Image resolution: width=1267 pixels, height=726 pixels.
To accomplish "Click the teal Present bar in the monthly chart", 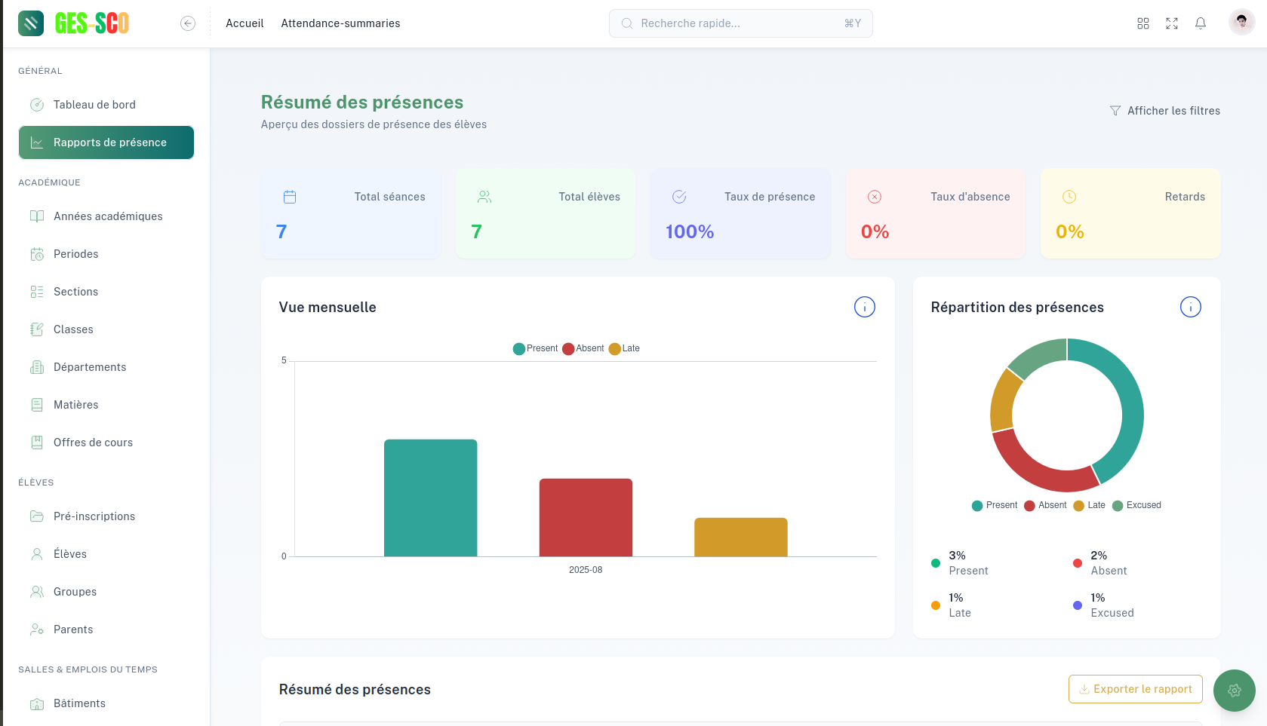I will pyautogui.click(x=430, y=498).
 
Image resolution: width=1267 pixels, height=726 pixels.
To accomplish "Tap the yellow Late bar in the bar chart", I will pyautogui.click(x=740, y=537).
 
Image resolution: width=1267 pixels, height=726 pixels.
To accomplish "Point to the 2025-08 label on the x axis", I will pyautogui.click(x=586, y=570).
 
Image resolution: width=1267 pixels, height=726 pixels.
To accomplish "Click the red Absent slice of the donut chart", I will pyautogui.click(x=1041, y=468).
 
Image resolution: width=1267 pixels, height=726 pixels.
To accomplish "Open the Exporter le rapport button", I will pyautogui.click(x=1135, y=689).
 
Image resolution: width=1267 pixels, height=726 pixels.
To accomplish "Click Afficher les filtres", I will pyautogui.click(x=1165, y=111).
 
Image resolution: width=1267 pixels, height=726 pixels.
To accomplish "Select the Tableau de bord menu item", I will pyautogui.click(x=94, y=105).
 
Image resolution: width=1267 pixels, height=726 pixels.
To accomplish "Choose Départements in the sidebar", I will pyautogui.click(x=90, y=367).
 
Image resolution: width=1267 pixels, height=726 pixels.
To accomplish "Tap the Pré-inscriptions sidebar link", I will pyautogui.click(x=94, y=516).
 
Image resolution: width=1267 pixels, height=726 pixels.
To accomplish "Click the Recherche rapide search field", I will pyautogui.click(x=740, y=23).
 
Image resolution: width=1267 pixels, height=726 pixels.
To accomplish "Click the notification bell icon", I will pyautogui.click(x=1201, y=23).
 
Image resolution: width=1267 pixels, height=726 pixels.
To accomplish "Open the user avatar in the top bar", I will pyautogui.click(x=1241, y=23).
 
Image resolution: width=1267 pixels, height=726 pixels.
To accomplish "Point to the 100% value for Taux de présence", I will pyautogui.click(x=690, y=231).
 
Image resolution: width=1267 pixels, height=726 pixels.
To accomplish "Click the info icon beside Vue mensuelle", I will pyautogui.click(x=864, y=307).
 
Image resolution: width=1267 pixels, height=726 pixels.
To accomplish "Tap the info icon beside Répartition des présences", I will pyautogui.click(x=1190, y=307).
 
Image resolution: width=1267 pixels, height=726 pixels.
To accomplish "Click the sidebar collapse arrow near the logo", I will pyautogui.click(x=188, y=23).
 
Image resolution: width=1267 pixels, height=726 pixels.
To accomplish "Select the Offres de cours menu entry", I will pyautogui.click(x=93, y=443).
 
